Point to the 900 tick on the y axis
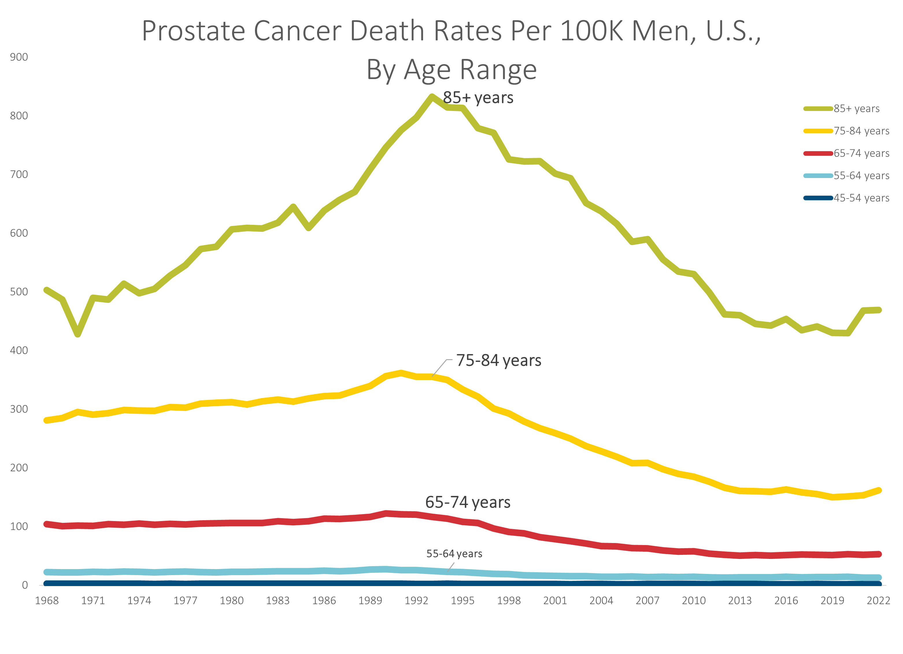click(x=19, y=57)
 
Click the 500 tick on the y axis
click(x=19, y=292)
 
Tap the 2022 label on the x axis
click(x=878, y=601)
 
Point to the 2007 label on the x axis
click(x=647, y=601)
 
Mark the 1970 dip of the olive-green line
click(x=78, y=334)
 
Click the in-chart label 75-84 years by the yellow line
click(x=499, y=360)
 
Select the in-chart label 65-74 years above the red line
click(x=467, y=502)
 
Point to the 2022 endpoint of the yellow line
click(x=879, y=490)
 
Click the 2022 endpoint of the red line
click(x=879, y=554)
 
